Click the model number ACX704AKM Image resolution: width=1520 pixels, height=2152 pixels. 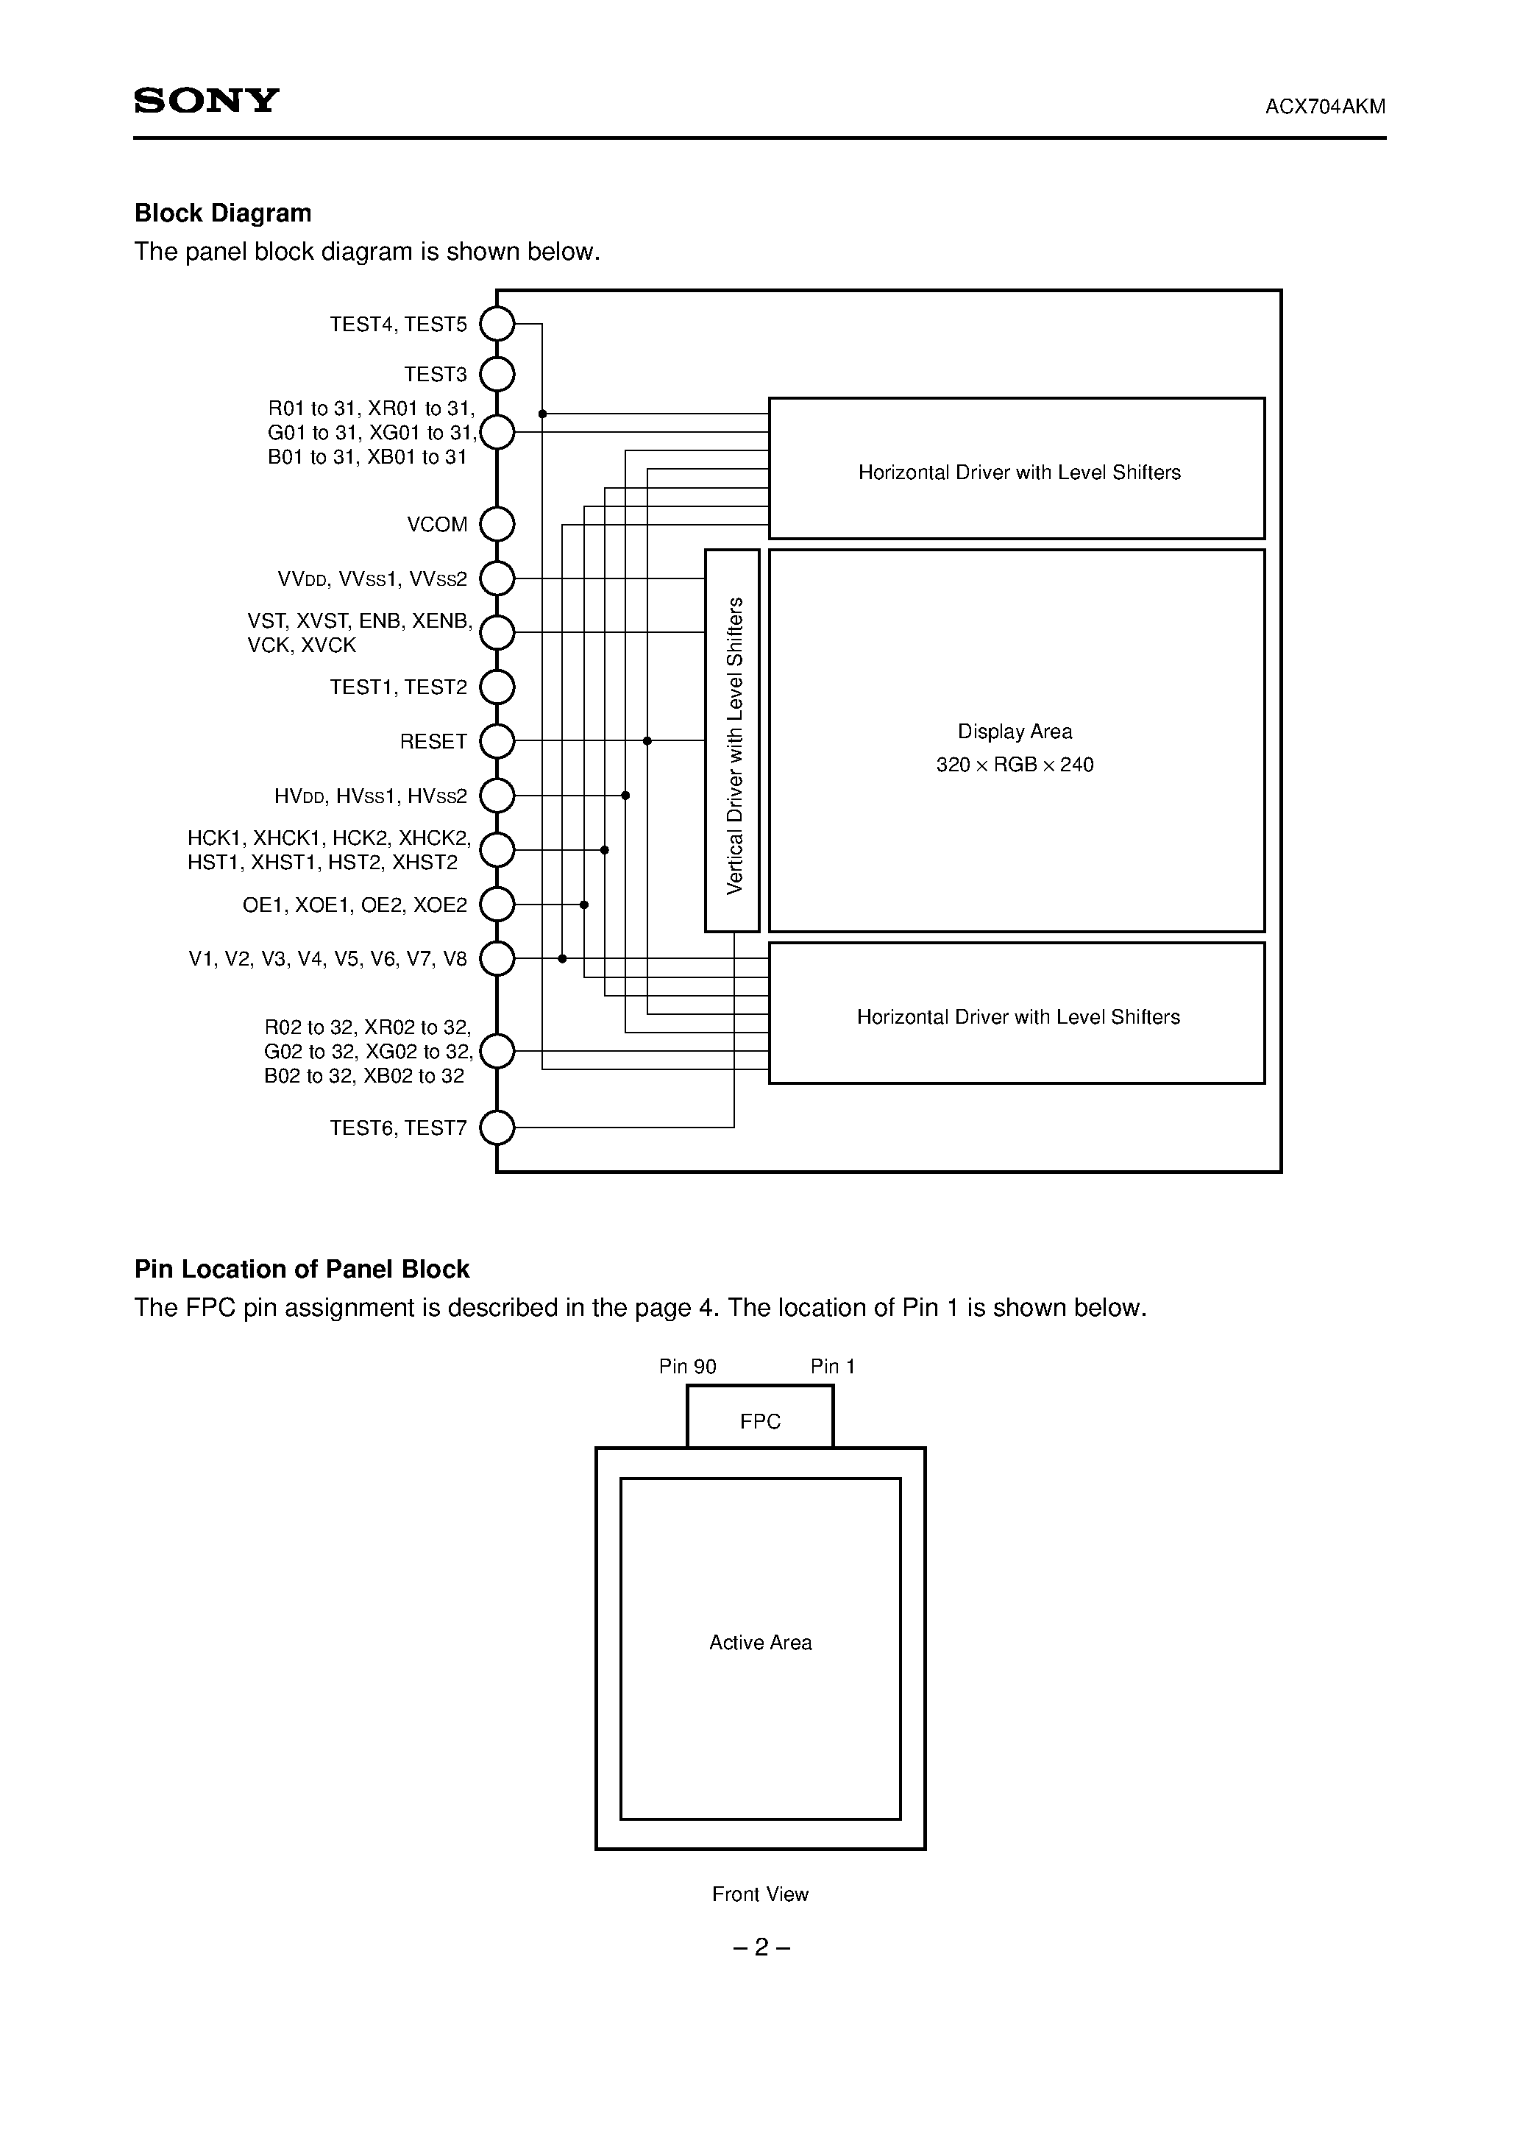(x=1324, y=107)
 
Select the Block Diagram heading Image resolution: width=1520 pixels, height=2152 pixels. (x=223, y=213)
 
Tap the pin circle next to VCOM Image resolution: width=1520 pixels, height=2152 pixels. (x=497, y=525)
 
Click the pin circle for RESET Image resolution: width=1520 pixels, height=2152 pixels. (x=497, y=741)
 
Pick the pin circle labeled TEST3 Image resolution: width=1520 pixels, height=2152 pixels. (x=497, y=375)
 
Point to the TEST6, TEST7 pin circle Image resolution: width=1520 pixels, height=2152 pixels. (x=497, y=1128)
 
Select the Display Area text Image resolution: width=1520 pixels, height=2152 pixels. (x=1015, y=731)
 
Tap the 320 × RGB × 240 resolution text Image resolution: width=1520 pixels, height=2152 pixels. (x=1015, y=765)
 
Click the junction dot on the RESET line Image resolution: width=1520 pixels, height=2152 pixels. (x=647, y=741)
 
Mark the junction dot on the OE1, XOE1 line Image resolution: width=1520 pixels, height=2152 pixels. (x=584, y=905)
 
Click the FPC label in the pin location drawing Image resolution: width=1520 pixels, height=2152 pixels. (x=760, y=1421)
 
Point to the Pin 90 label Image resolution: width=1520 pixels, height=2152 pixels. (x=687, y=1367)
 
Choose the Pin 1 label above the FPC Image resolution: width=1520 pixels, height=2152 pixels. (x=832, y=1367)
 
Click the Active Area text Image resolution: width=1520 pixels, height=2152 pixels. (x=760, y=1642)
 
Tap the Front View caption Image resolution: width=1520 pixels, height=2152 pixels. (x=760, y=1894)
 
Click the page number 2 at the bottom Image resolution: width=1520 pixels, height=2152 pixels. (x=761, y=1947)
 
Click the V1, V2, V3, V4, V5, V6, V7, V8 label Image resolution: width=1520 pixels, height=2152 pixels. (x=328, y=959)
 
